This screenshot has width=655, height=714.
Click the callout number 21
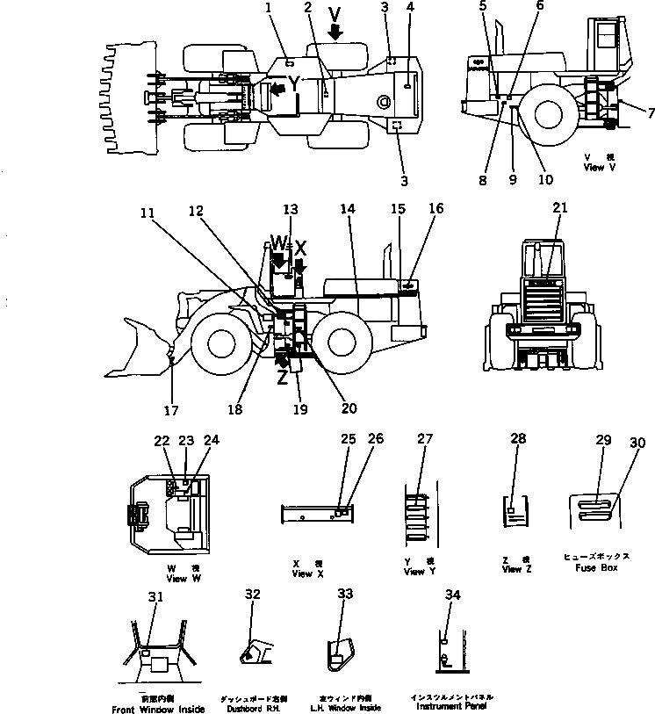[559, 207]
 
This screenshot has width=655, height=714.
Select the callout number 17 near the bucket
[171, 408]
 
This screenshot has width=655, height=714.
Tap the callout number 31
[155, 597]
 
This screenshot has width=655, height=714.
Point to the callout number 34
[452, 595]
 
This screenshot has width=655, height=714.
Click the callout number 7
[650, 112]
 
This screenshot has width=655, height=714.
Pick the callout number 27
[426, 438]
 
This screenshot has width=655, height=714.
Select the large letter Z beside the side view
[282, 377]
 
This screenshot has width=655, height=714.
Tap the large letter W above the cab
[277, 242]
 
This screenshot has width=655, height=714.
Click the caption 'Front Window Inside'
[158, 709]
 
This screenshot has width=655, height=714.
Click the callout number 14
[347, 209]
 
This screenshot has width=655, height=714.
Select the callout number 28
[517, 438]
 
